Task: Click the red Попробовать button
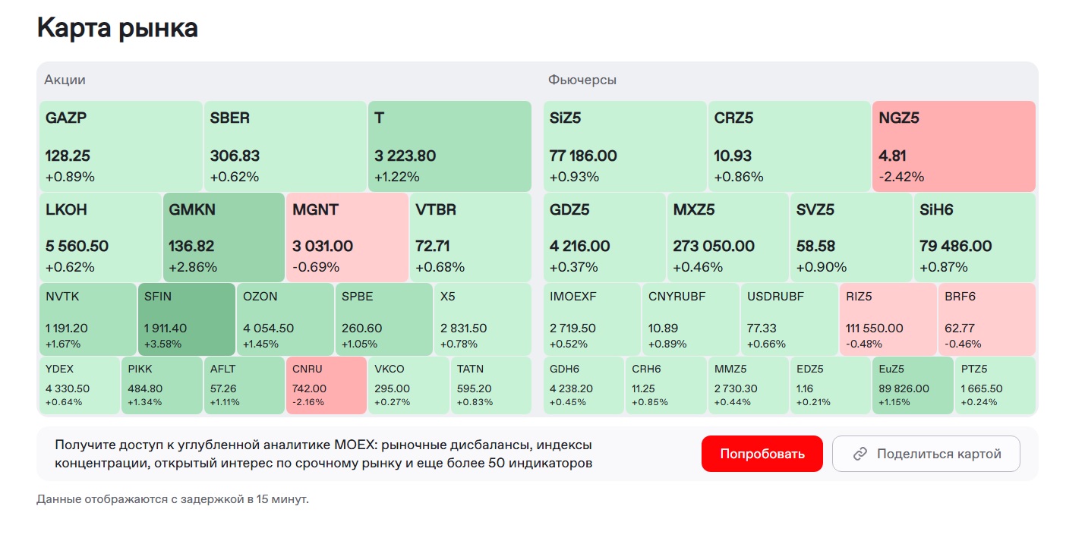pyautogui.click(x=762, y=454)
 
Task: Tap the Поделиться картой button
pyautogui.click(x=926, y=454)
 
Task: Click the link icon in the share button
pyautogui.click(x=860, y=454)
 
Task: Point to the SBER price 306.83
pyautogui.click(x=235, y=156)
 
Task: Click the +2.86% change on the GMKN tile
pyautogui.click(x=193, y=267)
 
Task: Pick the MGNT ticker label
pyautogui.click(x=315, y=209)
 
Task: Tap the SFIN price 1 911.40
pyautogui.click(x=166, y=329)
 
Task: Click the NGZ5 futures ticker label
pyautogui.click(x=900, y=118)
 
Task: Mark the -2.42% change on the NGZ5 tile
pyautogui.click(x=901, y=177)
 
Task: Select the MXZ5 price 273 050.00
pyautogui.click(x=714, y=247)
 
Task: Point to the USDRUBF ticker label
pyautogui.click(x=775, y=297)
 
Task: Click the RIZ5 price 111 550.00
pyautogui.click(x=875, y=329)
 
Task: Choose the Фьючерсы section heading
pyautogui.click(x=582, y=80)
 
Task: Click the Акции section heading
pyautogui.click(x=65, y=80)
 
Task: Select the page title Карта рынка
pyautogui.click(x=118, y=28)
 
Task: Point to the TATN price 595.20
pyautogui.click(x=474, y=388)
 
